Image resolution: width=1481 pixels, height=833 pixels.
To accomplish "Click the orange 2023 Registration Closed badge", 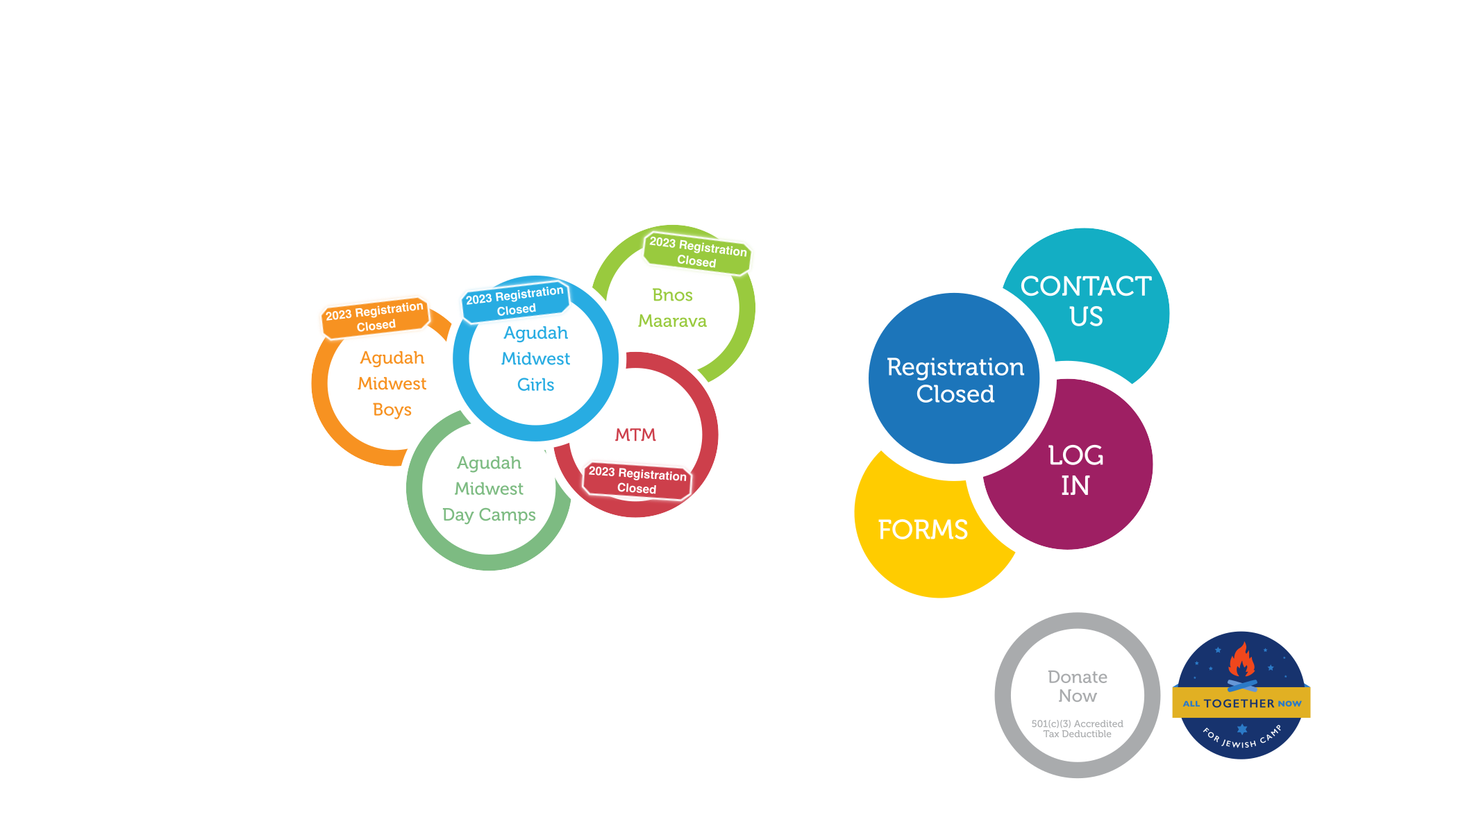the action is click(375, 317).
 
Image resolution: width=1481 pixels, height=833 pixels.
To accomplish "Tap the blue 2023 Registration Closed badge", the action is click(515, 301).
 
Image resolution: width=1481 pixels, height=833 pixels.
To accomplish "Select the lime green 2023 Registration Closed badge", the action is click(698, 252).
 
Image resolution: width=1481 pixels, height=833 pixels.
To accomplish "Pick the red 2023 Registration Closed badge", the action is click(637, 480).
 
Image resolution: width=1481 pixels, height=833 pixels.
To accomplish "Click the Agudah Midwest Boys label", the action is click(392, 384).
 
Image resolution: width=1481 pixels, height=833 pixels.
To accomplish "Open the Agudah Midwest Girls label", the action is click(536, 359).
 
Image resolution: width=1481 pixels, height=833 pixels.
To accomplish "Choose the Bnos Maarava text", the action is click(672, 308).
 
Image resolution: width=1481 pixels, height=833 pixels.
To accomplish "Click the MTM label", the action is click(635, 435).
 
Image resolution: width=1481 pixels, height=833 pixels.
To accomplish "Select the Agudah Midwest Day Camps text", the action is click(490, 489).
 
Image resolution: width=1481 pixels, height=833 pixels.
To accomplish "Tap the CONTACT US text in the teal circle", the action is click(1086, 301).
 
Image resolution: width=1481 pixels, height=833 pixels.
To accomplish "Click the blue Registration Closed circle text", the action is click(955, 380).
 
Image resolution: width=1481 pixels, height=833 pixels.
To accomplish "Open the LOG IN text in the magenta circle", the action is click(1076, 471).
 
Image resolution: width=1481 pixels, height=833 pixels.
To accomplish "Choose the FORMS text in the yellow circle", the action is click(923, 530).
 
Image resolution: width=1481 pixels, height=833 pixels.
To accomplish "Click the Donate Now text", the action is click(1078, 687).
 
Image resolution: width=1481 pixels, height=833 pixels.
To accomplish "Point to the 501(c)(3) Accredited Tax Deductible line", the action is click(1078, 729).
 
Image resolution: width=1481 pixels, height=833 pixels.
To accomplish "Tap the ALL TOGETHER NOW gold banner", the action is click(1241, 702).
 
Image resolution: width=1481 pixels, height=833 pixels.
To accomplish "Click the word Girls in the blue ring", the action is click(536, 385).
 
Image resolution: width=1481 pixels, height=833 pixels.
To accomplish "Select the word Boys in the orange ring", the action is click(392, 410).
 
